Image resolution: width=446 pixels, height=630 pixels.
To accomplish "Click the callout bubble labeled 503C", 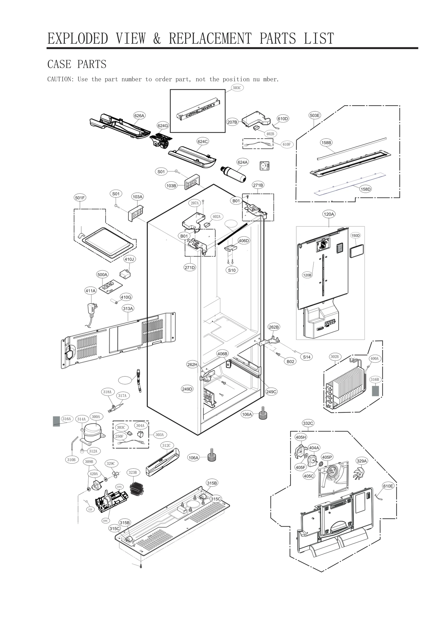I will tap(237, 88).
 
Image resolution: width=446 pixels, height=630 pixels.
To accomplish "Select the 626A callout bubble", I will tap(139, 116).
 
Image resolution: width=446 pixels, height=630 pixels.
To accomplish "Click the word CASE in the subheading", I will tap(59, 64).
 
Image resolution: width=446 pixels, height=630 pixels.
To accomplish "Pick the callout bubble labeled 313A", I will tap(128, 308).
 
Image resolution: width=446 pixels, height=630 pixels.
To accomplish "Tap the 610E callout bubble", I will tap(388, 486).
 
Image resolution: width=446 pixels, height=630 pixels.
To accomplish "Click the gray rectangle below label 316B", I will tap(375, 391).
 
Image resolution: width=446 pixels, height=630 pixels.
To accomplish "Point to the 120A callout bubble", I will tap(329, 214).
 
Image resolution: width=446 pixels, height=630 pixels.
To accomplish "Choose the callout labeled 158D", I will tap(365, 189).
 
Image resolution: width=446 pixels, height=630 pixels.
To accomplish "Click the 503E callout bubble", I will tap(314, 115).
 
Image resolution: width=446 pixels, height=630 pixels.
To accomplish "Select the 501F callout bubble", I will tap(80, 198).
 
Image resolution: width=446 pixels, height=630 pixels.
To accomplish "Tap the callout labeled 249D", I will tap(187, 389).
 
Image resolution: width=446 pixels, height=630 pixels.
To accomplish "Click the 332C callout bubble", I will tap(308, 423).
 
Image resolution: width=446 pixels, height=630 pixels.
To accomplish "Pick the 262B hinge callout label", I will tap(273, 327).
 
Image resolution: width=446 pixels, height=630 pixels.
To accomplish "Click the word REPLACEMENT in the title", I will tap(210, 38).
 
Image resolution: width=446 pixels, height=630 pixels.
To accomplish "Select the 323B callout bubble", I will tap(133, 472).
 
